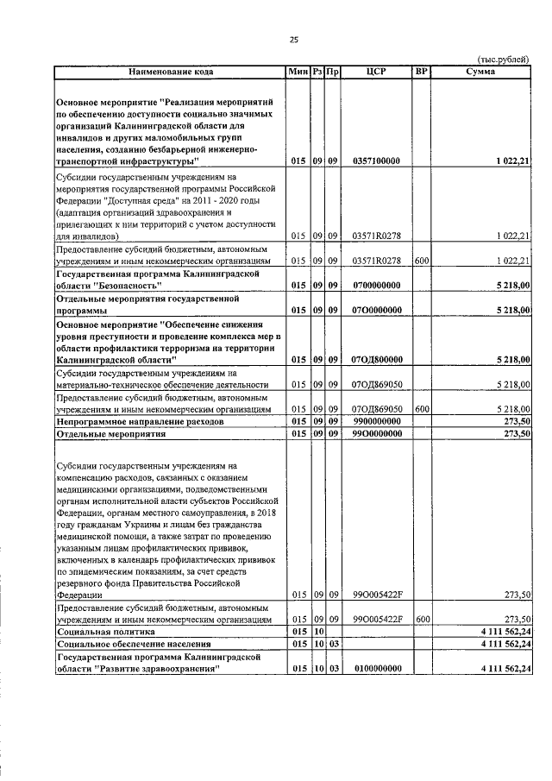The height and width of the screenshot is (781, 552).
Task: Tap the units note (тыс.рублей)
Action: point(505,60)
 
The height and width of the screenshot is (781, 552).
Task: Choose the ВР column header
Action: point(421,72)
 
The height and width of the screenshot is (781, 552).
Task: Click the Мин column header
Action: point(298,72)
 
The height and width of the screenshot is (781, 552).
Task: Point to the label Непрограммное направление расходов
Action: point(140,422)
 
